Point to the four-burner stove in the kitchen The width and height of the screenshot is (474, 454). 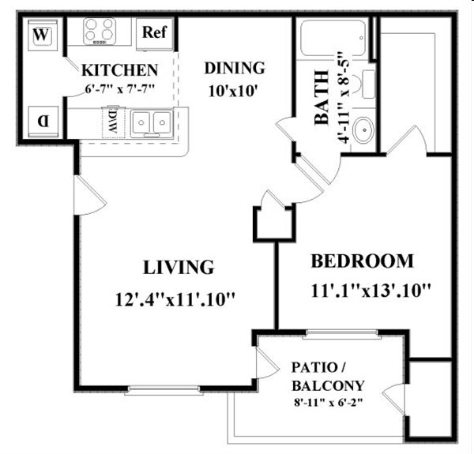coord(100,32)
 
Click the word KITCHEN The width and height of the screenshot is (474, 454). coord(120,69)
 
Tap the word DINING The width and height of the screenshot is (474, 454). coord(234,68)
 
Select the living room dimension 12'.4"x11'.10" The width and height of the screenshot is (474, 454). coord(175,299)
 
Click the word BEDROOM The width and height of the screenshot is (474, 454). coord(362,261)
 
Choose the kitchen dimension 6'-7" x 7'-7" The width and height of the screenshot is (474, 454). coord(121,88)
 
